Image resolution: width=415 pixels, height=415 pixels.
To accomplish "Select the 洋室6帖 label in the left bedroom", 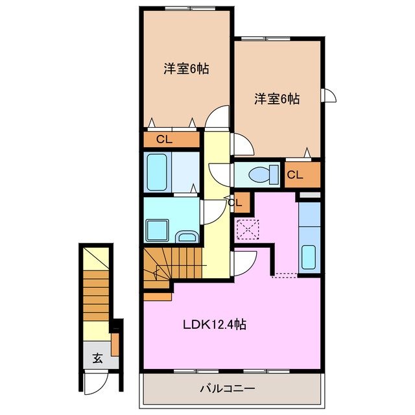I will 186,69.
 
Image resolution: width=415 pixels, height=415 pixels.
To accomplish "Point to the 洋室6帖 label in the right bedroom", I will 277,99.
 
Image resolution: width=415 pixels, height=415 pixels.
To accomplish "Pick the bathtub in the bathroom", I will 158,172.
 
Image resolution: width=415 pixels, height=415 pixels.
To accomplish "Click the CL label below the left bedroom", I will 164,139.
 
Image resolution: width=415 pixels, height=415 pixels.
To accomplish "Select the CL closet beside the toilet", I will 295,174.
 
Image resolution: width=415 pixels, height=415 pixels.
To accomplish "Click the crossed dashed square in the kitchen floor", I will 248,229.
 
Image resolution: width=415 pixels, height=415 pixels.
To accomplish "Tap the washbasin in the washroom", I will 187,236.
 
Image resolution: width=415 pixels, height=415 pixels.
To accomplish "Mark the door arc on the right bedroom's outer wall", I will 330,95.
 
